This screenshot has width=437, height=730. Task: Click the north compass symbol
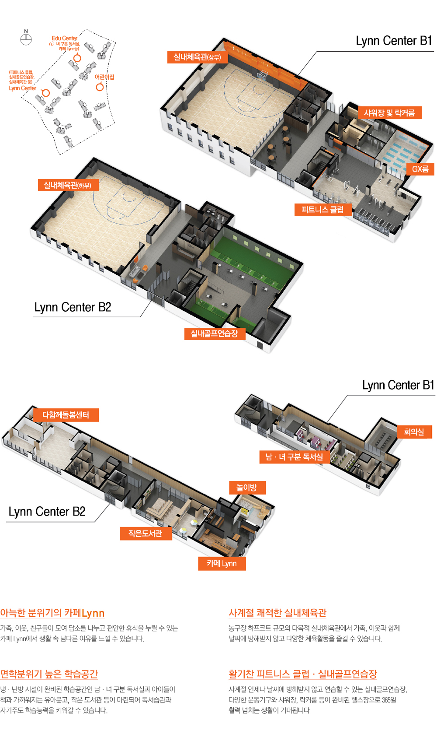(26, 39)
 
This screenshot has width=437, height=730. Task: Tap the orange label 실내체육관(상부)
(198, 57)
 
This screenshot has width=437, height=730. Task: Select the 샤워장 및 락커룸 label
(389, 113)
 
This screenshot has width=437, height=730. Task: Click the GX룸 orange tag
(420, 169)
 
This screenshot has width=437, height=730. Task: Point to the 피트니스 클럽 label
(323, 210)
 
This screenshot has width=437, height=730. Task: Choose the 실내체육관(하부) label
(68, 185)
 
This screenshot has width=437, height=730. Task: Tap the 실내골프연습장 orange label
(214, 333)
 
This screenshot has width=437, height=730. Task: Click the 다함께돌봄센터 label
(66, 415)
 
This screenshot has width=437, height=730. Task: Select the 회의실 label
(414, 432)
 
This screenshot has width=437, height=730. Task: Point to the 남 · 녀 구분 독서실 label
(294, 457)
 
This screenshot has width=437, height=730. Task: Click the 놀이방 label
(247, 488)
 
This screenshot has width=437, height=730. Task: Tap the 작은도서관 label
(146, 533)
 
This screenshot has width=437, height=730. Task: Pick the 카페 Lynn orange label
(222, 563)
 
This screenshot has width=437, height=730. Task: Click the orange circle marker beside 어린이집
(100, 87)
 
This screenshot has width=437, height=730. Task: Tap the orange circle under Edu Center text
(77, 58)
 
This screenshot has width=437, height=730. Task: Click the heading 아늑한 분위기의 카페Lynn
(52, 613)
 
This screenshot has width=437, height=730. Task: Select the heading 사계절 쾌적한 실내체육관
(277, 613)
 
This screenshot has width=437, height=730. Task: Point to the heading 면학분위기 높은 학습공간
(49, 674)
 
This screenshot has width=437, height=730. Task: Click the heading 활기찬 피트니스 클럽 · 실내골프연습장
(302, 674)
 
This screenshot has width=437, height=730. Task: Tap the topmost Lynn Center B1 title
(394, 41)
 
